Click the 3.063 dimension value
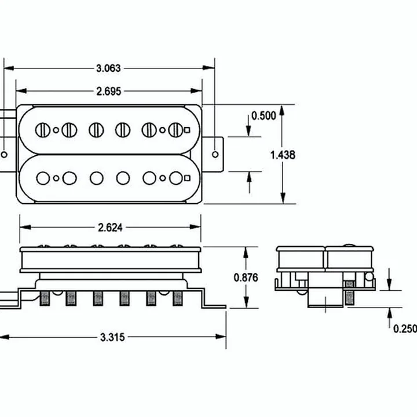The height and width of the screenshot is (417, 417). pyautogui.click(x=108, y=68)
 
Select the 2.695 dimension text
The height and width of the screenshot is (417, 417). pyautogui.click(x=108, y=92)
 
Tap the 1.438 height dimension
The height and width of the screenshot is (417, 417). pyautogui.click(x=283, y=155)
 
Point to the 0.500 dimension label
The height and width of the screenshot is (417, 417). pyautogui.click(x=264, y=116)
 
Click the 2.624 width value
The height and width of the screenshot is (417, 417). pyautogui.click(x=110, y=228)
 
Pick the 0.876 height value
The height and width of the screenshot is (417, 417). pyautogui.click(x=246, y=277)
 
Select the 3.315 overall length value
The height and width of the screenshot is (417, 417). pyautogui.click(x=112, y=338)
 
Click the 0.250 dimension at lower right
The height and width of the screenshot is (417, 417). pyautogui.click(x=405, y=329)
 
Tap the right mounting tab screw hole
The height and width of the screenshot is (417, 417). pyautogui.click(x=215, y=154)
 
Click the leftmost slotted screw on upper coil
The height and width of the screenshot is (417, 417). pyautogui.click(x=43, y=130)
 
